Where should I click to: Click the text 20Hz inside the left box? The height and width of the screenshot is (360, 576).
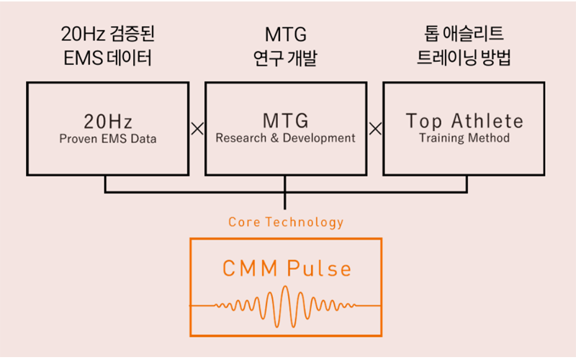[108, 122]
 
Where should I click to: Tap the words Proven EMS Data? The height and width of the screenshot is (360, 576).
[108, 139]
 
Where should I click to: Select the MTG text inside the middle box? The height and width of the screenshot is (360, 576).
[286, 120]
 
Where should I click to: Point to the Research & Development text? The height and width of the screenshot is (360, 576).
[285, 138]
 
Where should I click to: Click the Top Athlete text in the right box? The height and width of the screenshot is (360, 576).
[464, 122]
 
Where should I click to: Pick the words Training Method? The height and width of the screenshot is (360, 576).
[464, 138]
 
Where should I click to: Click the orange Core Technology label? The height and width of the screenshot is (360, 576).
[286, 222]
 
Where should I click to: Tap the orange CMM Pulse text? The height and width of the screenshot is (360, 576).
[287, 268]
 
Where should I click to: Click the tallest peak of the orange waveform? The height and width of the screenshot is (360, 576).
[285, 287]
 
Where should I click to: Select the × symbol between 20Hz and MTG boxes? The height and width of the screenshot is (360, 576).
[197, 129]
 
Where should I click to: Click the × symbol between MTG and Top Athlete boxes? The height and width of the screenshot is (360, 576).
[375, 129]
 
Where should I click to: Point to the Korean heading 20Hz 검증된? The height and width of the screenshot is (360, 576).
[107, 34]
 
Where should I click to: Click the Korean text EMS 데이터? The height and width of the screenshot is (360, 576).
[107, 58]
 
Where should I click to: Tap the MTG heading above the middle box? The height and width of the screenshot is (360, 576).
[286, 35]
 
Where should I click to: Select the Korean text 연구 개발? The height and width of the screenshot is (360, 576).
[285, 58]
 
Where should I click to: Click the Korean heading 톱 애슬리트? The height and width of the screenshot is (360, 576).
[464, 33]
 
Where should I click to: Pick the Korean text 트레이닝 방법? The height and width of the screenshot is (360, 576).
[464, 58]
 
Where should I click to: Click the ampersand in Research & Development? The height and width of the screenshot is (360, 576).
[275, 138]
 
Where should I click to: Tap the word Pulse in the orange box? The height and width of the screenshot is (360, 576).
[319, 268]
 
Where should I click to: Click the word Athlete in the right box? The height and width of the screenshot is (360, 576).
[487, 121]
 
